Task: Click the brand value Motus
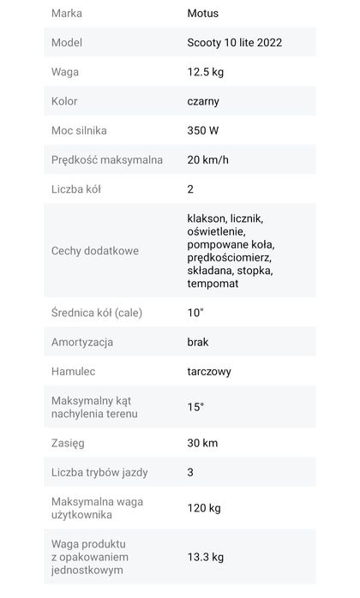pyautogui.click(x=202, y=14)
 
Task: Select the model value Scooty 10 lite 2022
pyautogui.click(x=234, y=43)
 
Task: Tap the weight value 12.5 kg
pyautogui.click(x=206, y=72)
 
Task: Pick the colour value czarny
pyautogui.click(x=203, y=101)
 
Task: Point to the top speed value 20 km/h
pyautogui.click(x=207, y=159)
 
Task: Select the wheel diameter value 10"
pyautogui.click(x=195, y=313)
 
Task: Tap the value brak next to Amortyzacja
pyautogui.click(x=197, y=342)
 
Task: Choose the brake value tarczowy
pyautogui.click(x=209, y=372)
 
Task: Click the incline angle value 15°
pyautogui.click(x=195, y=407)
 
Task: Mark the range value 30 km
pyautogui.click(x=202, y=443)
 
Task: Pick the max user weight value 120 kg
pyautogui.click(x=204, y=508)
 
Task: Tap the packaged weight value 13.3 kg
pyautogui.click(x=205, y=557)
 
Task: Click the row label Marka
pyautogui.click(x=67, y=14)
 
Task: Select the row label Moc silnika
pyautogui.click(x=80, y=130)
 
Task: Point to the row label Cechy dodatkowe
pyautogui.click(x=94, y=251)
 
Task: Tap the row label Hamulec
pyautogui.click(x=74, y=372)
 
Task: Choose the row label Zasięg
pyautogui.click(x=69, y=443)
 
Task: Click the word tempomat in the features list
pyautogui.click(x=213, y=284)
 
